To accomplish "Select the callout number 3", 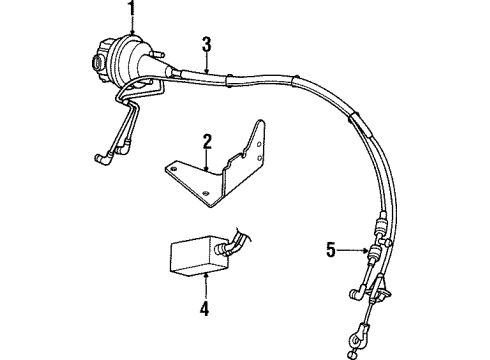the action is (206, 43).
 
